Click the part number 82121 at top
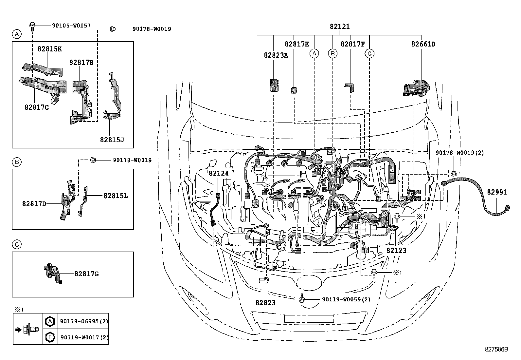(x=340, y=27)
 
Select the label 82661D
(x=423, y=44)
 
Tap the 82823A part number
(x=276, y=55)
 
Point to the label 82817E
(x=296, y=44)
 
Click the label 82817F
(x=352, y=44)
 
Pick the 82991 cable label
(x=496, y=192)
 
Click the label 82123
(x=396, y=250)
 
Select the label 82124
(x=218, y=173)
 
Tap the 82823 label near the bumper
(x=265, y=303)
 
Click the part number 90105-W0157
(x=71, y=25)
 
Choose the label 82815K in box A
(x=49, y=49)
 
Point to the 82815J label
(x=112, y=140)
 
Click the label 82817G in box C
(x=86, y=274)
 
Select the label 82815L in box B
(x=116, y=196)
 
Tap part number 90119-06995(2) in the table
(x=84, y=322)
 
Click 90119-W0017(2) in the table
(x=84, y=337)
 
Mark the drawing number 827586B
(x=496, y=350)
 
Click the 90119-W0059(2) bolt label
(x=346, y=299)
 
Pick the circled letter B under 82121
(x=332, y=53)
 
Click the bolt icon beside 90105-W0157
(x=33, y=26)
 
